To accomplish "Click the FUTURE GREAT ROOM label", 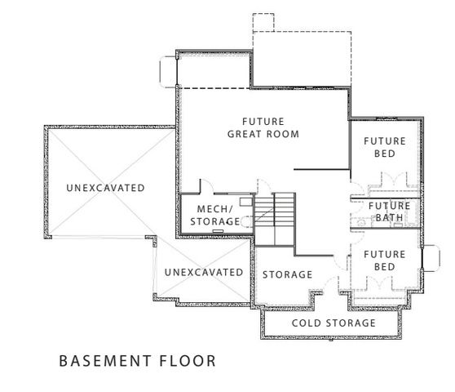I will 263,127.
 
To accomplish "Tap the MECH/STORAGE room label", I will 209,215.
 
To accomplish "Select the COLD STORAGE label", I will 335,323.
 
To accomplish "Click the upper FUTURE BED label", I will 384,147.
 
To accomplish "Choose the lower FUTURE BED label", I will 384,261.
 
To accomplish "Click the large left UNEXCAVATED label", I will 106,188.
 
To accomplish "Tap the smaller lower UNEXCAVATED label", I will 204,272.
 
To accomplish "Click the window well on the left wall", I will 168,69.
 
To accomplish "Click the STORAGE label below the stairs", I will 287,274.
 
